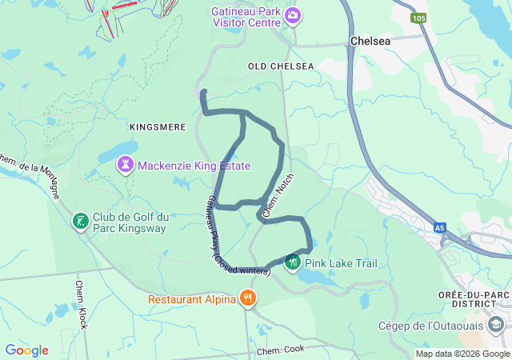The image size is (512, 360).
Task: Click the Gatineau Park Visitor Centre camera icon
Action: [x=294, y=14]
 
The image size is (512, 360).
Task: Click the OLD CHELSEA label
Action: [x=280, y=66]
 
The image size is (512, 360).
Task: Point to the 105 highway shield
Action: [x=418, y=18]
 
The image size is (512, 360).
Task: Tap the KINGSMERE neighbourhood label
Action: [x=157, y=127]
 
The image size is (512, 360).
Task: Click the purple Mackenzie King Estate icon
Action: [x=126, y=166]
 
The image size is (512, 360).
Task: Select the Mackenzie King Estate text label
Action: [x=194, y=166]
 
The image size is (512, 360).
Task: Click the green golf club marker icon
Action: [x=80, y=220]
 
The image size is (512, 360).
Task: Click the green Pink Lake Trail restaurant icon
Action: [x=293, y=262]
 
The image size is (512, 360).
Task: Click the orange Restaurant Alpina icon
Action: [x=248, y=299]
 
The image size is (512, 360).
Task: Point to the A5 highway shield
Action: [x=440, y=228]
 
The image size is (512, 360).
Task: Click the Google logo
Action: [x=26, y=350]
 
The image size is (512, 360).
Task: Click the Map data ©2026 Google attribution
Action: [x=462, y=354]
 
